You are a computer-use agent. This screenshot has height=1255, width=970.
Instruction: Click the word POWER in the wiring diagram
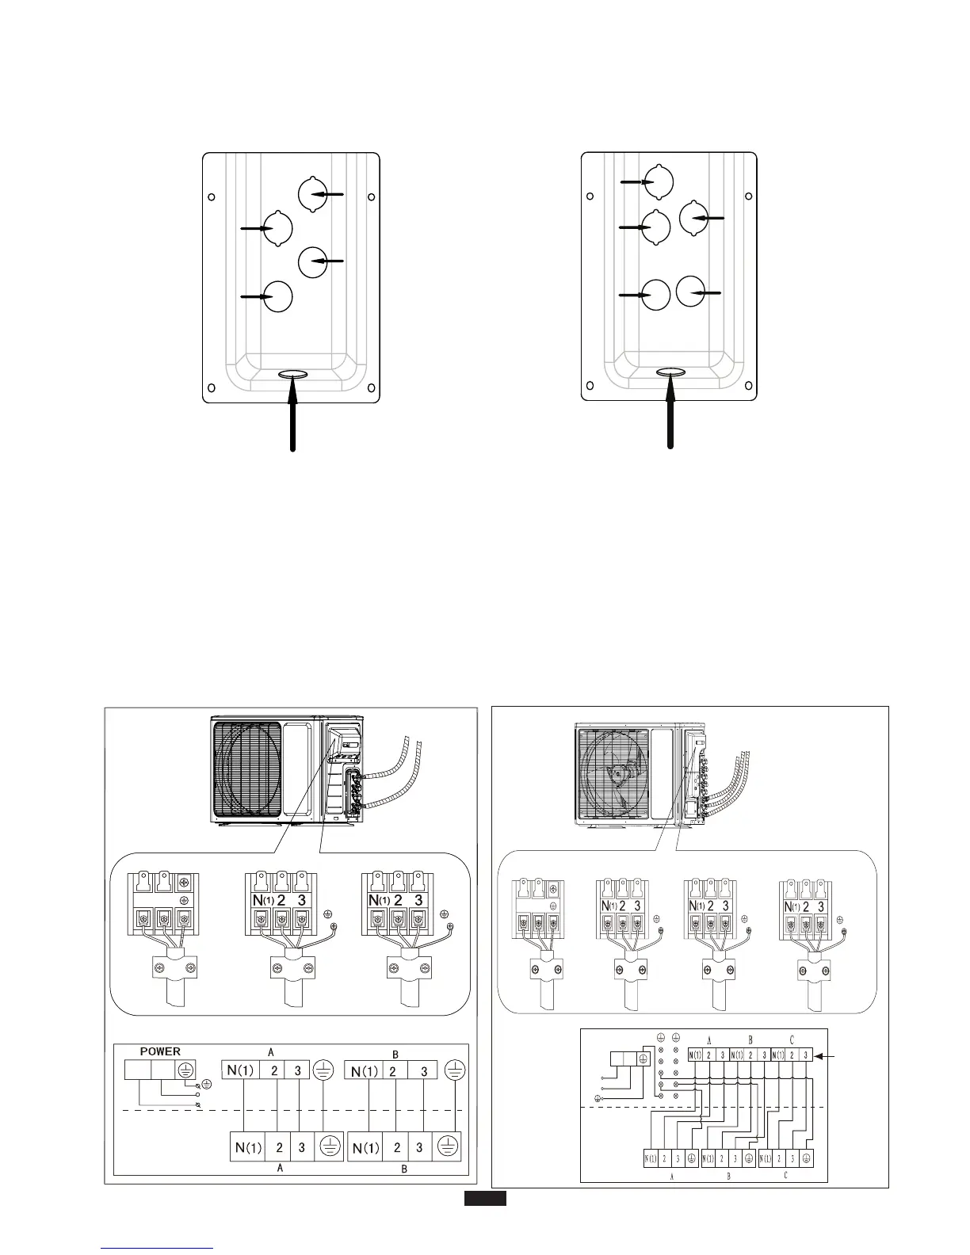[160, 1051]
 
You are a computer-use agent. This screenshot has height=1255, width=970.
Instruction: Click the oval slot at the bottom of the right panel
[671, 372]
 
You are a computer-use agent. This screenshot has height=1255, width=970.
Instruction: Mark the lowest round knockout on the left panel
[277, 296]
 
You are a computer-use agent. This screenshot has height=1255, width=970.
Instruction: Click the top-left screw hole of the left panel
[212, 197]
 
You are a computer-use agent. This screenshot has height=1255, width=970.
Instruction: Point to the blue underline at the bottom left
[158, 1249]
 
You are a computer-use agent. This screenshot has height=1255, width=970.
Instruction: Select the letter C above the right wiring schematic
[791, 1039]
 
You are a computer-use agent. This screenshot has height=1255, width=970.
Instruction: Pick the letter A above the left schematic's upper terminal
[271, 1051]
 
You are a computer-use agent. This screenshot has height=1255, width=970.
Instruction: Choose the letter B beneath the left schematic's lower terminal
[404, 1169]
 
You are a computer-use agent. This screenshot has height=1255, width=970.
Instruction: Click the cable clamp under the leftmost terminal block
[174, 967]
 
